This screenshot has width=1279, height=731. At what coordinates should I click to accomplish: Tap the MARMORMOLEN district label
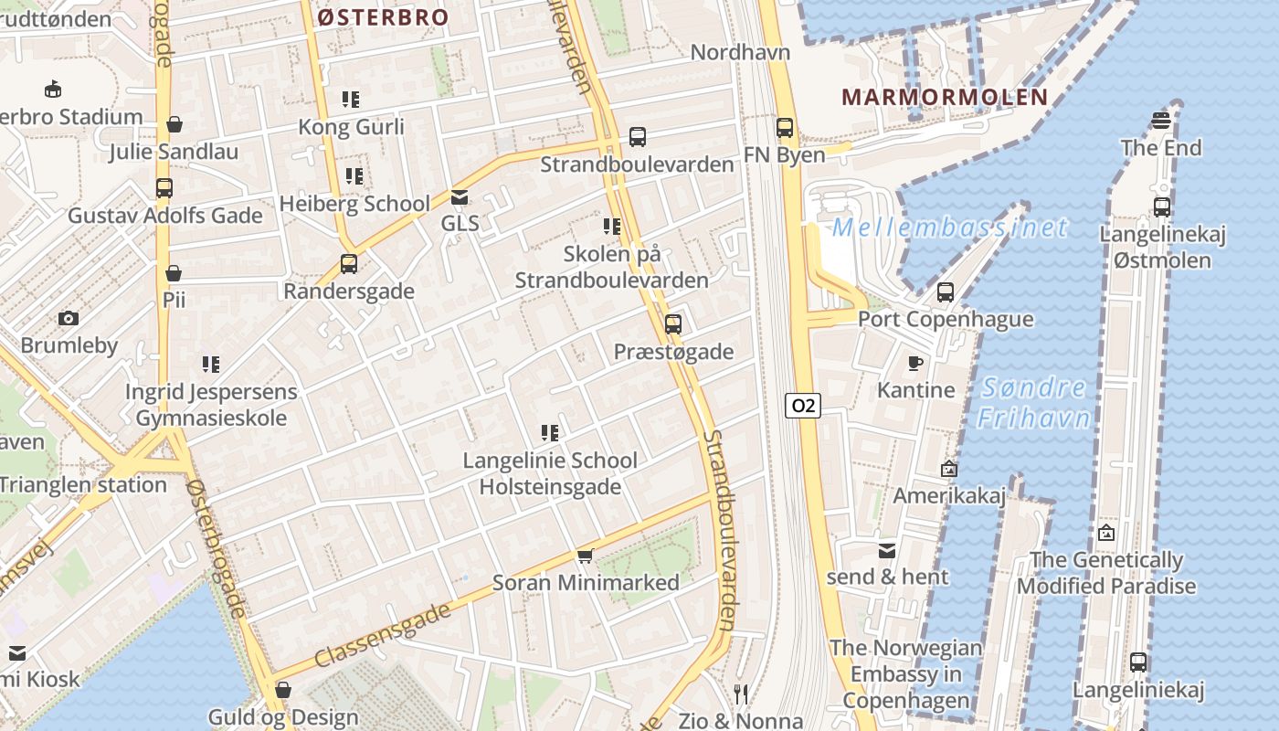coord(945,97)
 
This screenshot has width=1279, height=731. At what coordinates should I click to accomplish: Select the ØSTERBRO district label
coord(383,17)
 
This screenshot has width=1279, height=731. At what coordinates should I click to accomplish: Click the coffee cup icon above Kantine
coord(915,364)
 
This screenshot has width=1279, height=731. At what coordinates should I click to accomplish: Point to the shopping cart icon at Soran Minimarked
coord(586,556)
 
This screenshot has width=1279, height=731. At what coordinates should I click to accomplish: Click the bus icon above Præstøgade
coord(673,324)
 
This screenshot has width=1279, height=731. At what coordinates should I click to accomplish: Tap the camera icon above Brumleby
coord(69,319)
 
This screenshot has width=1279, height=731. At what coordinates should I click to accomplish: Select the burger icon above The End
coord(1161,121)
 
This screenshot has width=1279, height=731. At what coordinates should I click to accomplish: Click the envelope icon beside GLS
coord(460,196)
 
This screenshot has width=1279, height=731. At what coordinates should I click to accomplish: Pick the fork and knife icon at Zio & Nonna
coord(741,694)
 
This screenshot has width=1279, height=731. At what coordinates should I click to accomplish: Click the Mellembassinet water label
coord(950,227)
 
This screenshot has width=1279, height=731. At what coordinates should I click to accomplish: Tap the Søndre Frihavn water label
coord(1034,402)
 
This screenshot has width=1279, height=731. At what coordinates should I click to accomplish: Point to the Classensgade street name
coord(383,634)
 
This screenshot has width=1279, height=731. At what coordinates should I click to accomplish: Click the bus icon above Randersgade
coord(349,264)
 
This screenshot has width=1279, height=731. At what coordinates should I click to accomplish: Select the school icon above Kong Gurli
coord(351,100)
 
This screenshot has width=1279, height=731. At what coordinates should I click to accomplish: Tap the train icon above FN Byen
coord(785,128)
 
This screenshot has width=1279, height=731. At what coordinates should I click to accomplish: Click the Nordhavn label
coord(740,52)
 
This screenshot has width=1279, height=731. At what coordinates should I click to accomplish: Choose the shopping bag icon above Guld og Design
coord(283,690)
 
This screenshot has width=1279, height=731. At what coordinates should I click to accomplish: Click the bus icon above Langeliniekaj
coord(1138,662)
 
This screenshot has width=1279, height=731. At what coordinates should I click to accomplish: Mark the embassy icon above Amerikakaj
coord(949,469)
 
